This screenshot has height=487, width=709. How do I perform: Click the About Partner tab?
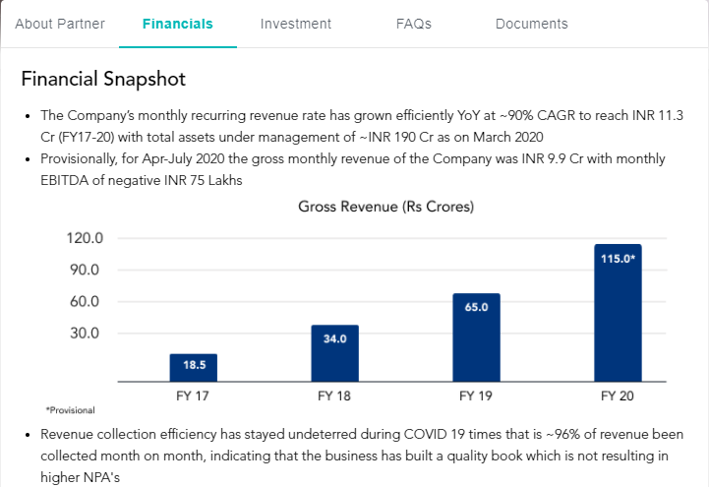(x=60, y=24)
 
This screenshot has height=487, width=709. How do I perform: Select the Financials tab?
(x=177, y=24)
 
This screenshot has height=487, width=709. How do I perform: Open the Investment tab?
(x=296, y=24)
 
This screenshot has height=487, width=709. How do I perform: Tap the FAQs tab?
(x=413, y=24)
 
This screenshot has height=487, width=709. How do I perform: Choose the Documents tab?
(x=531, y=24)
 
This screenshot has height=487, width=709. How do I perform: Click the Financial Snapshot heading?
(x=103, y=79)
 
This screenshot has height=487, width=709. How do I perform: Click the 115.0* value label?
(x=618, y=259)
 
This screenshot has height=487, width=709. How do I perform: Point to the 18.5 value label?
(x=194, y=365)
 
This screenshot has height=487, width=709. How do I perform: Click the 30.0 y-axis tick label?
(x=87, y=333)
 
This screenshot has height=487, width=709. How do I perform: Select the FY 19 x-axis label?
(x=476, y=396)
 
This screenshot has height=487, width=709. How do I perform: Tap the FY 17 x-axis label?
(x=194, y=396)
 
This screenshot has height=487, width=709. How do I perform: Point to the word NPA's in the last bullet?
(x=65, y=475)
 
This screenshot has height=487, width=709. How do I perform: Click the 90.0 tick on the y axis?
(x=87, y=271)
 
